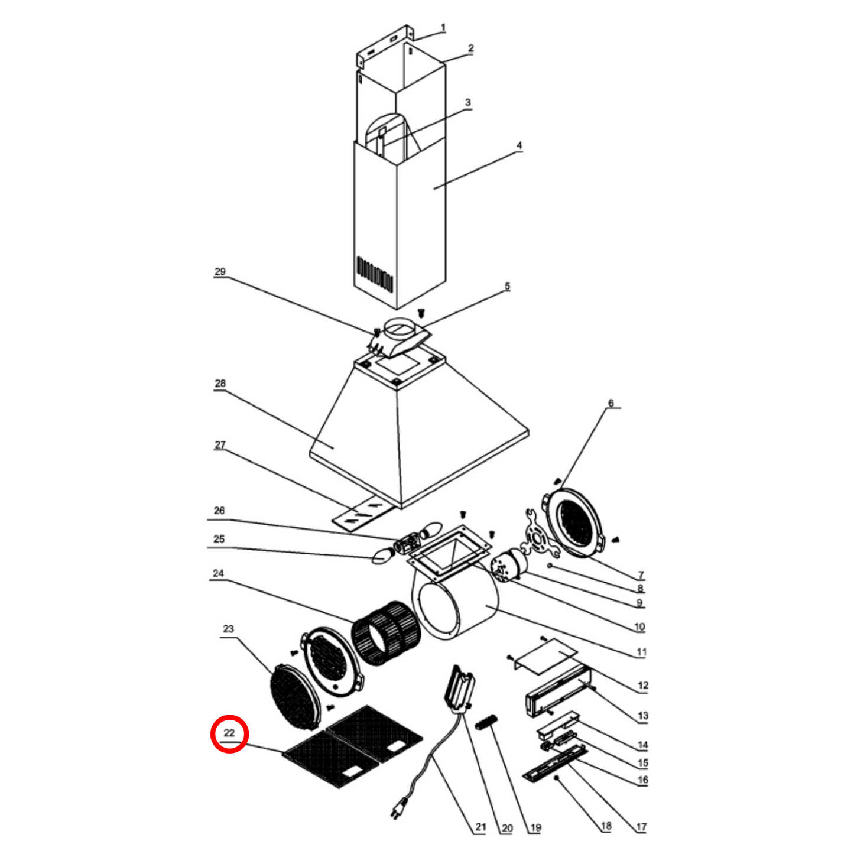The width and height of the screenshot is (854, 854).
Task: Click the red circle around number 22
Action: [230, 733]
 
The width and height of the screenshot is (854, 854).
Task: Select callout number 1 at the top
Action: [443, 28]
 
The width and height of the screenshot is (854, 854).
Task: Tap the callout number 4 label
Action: [519, 145]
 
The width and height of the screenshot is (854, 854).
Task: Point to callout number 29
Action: [220, 272]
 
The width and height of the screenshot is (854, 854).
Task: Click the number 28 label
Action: [220, 384]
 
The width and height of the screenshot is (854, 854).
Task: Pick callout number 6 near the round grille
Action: [611, 404]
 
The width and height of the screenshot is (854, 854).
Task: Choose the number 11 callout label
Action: [641, 652]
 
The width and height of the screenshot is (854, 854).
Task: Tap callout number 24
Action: [218, 573]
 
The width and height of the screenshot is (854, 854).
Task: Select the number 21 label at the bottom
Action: [480, 827]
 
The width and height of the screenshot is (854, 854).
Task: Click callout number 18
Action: [606, 826]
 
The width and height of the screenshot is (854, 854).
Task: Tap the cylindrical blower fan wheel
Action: [386, 633]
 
